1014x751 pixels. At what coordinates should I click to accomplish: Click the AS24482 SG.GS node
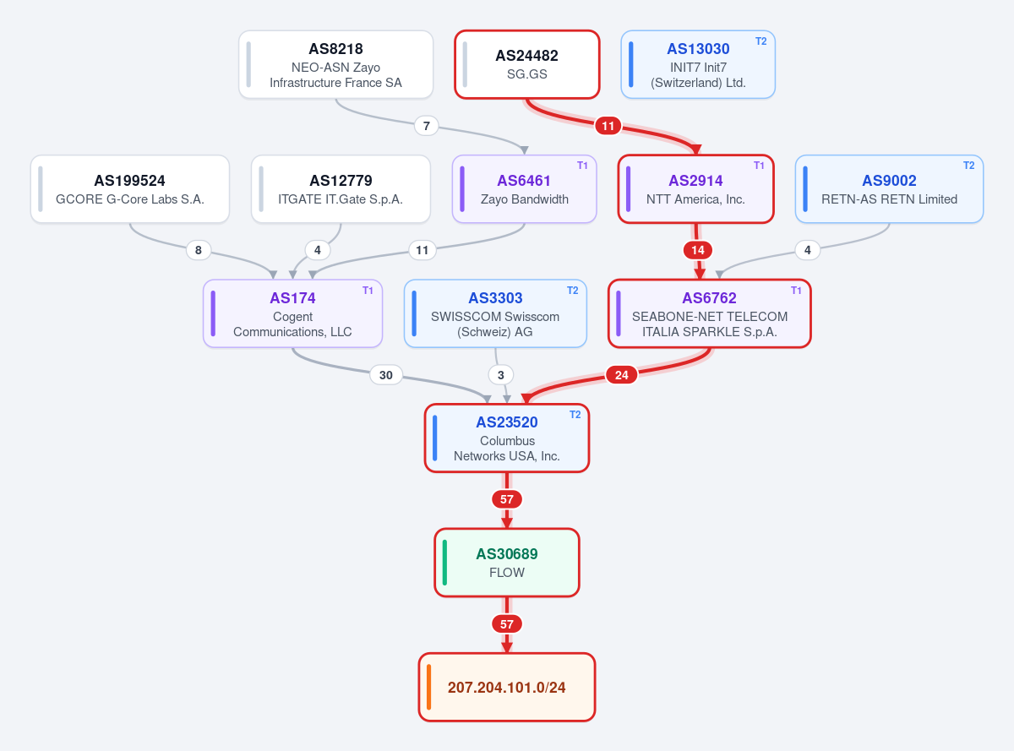(526, 64)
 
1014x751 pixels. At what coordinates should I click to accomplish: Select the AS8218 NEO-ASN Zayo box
(335, 64)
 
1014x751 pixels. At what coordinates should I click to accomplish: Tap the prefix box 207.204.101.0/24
(506, 687)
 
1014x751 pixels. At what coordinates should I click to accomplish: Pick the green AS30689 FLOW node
(506, 563)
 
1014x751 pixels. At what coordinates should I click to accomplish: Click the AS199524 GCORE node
(130, 188)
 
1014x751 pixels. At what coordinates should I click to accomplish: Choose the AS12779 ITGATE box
(341, 188)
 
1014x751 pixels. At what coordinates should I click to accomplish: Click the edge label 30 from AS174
(386, 375)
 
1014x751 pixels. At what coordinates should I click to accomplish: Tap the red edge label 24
(621, 375)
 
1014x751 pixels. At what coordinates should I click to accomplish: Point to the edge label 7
(426, 126)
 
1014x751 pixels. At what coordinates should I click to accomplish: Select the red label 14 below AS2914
(698, 250)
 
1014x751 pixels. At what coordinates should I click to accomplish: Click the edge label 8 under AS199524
(198, 250)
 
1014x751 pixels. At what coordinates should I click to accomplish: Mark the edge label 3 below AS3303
(500, 375)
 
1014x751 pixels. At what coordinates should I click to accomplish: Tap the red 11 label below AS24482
(608, 126)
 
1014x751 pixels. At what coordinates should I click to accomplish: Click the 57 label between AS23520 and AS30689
(506, 499)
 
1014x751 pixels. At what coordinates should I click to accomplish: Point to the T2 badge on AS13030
(760, 41)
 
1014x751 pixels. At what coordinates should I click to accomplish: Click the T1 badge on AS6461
(582, 166)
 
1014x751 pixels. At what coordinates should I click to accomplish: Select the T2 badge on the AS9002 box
(968, 166)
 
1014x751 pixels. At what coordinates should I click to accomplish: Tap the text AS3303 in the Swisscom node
(495, 298)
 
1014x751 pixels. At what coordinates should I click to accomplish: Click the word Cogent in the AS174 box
(292, 316)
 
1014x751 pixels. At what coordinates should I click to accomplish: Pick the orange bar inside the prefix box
(428, 687)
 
